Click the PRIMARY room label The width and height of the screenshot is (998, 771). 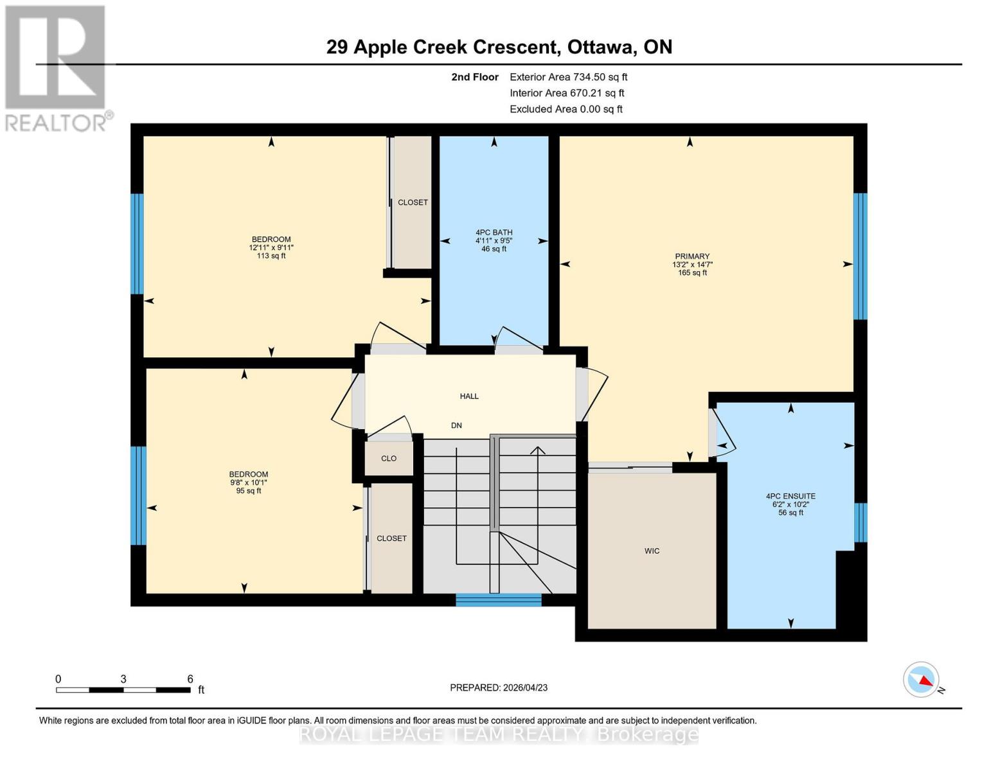692,256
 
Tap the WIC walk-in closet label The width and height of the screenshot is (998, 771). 652,551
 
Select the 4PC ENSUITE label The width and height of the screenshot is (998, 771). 790,497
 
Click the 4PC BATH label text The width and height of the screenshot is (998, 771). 494,233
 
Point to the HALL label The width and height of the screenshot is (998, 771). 469,396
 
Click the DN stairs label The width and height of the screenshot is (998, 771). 456,426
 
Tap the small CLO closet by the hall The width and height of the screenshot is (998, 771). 389,459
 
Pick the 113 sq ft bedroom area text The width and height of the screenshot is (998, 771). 271,256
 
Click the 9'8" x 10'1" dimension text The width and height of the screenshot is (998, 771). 249,483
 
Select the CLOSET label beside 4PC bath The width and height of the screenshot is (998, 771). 413,202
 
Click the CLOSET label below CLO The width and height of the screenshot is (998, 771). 391,538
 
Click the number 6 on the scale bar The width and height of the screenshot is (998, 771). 190,679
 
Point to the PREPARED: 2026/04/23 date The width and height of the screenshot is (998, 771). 499,688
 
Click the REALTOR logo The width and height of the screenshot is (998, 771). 57,67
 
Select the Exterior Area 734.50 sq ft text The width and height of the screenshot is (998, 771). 568,77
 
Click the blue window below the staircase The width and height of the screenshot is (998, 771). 499,600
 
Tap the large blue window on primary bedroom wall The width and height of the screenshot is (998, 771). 860,256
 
